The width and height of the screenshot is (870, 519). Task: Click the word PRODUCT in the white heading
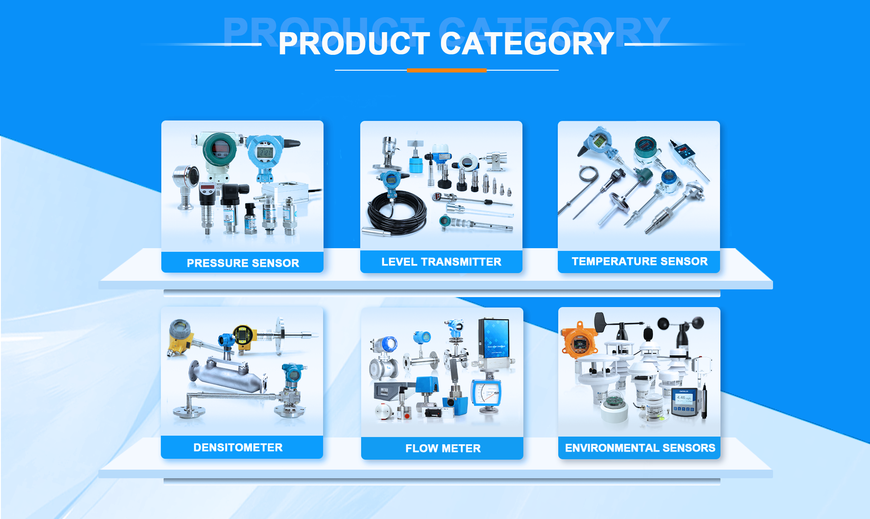pyautogui.click(x=354, y=44)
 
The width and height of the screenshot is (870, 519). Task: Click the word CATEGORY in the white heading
pyautogui.click(x=527, y=44)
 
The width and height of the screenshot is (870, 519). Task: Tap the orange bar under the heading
pyautogui.click(x=446, y=70)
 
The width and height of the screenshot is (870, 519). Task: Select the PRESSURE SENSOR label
pyautogui.click(x=242, y=263)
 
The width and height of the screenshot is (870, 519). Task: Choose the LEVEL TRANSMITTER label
pyautogui.click(x=441, y=262)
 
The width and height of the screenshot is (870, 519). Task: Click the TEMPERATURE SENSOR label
pyautogui.click(x=639, y=261)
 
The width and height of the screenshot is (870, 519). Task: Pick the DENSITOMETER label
pyautogui.click(x=238, y=447)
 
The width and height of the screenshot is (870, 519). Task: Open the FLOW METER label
pyautogui.click(x=443, y=448)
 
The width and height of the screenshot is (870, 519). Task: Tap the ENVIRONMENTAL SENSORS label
pyautogui.click(x=640, y=448)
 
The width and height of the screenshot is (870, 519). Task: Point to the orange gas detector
pyautogui.click(x=579, y=341)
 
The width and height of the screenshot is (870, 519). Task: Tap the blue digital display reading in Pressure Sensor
pyautogui.click(x=265, y=152)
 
